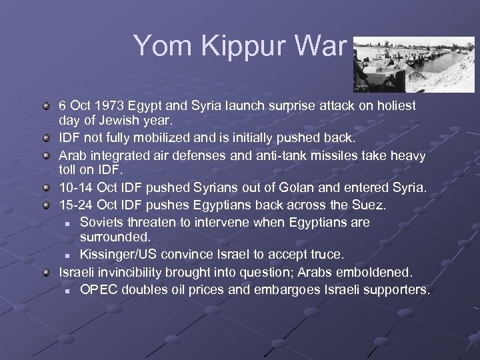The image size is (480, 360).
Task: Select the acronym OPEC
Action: tap(97, 289)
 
